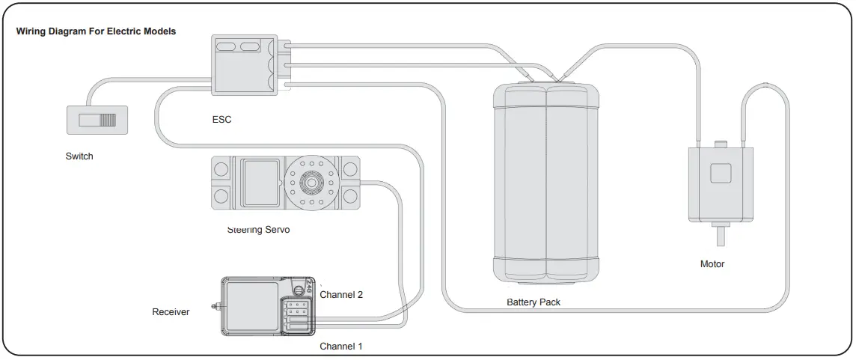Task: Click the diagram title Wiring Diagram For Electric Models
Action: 96,32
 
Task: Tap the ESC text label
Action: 222,119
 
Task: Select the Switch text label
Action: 79,156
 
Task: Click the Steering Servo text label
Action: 258,230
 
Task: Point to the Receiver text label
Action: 171,311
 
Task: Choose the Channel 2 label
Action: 341,295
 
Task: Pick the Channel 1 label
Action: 341,347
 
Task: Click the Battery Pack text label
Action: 534,302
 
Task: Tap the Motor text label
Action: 712,264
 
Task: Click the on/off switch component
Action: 97,120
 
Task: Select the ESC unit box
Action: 243,65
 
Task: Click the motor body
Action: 720,183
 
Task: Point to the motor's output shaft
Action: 721,236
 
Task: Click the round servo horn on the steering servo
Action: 308,182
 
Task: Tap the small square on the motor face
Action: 721,173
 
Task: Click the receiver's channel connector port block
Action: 298,315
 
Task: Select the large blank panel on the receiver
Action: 252,306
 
